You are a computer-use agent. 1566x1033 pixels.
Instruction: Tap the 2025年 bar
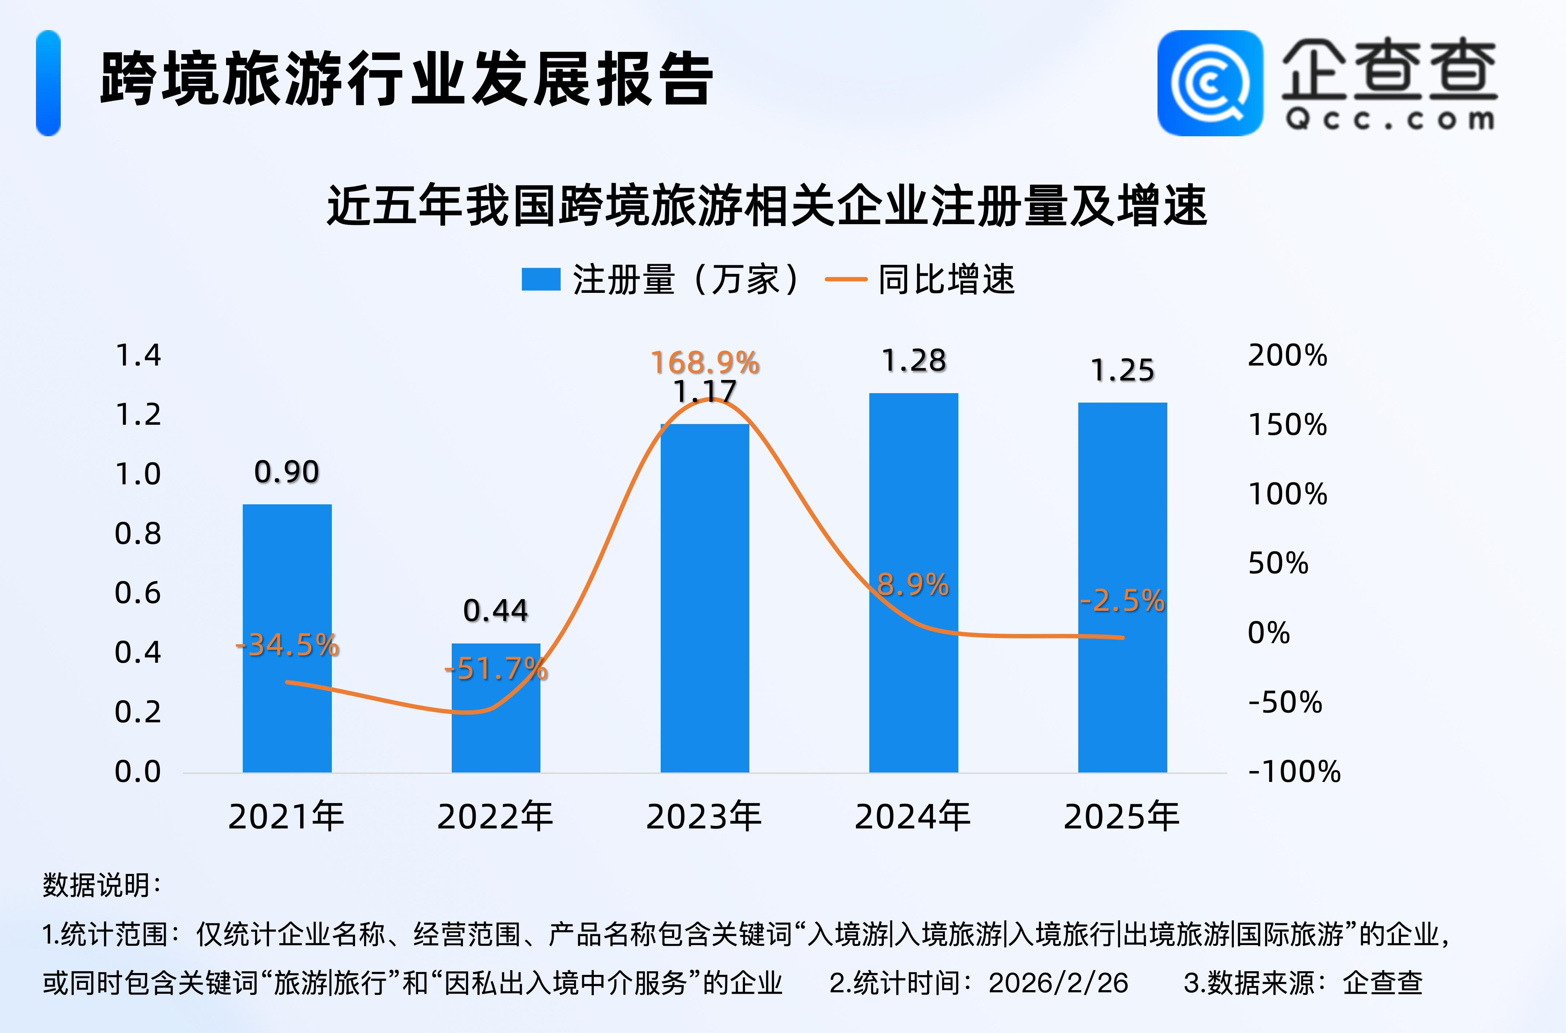click(1122, 586)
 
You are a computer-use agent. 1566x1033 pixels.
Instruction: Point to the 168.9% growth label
click(705, 362)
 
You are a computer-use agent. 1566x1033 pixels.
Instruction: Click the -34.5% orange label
click(287, 645)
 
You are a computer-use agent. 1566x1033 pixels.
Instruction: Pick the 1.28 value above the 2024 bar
click(914, 360)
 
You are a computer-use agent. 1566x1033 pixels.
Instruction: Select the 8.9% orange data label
click(913, 584)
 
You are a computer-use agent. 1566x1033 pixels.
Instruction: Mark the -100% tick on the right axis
click(1294, 771)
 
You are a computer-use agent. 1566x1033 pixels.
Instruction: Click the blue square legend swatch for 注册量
click(540, 279)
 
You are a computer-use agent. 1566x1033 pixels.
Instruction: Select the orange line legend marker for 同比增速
click(846, 279)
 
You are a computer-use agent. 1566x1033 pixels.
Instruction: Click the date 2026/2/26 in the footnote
click(1058, 983)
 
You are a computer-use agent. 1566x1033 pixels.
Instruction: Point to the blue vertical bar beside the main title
click(48, 83)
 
